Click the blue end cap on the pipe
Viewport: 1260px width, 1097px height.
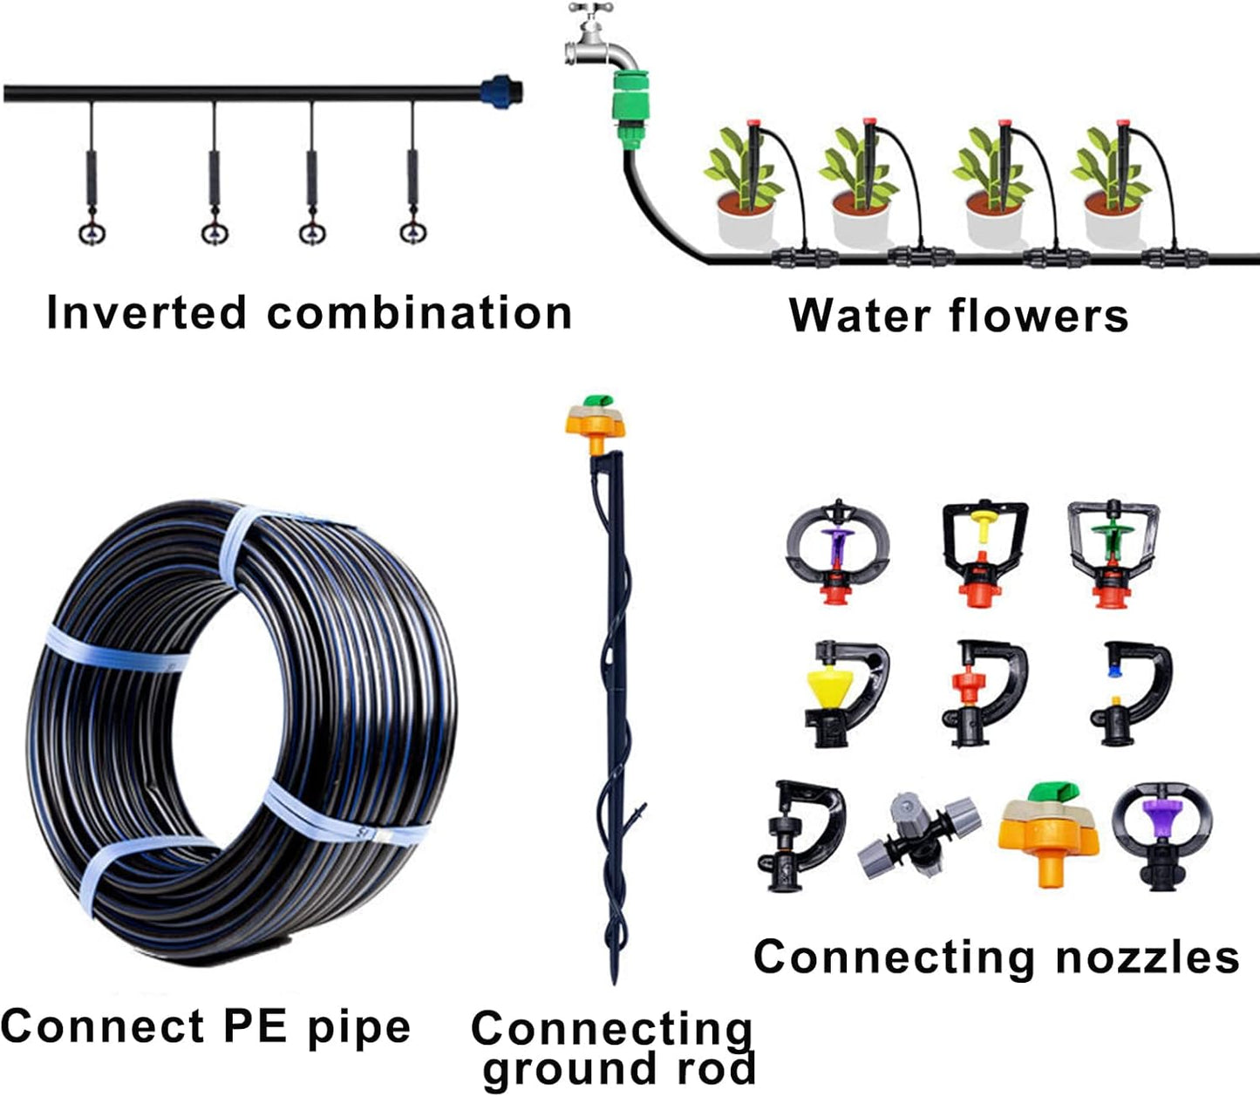(501, 91)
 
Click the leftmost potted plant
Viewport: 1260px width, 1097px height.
(746, 192)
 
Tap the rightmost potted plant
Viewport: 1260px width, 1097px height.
(1113, 192)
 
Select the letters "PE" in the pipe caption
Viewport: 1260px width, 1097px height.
(255, 1026)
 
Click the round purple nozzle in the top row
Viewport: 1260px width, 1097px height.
(837, 549)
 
